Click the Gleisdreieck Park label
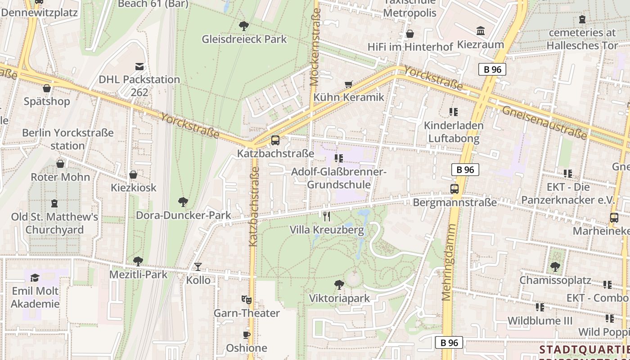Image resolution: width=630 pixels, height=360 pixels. click(x=244, y=39)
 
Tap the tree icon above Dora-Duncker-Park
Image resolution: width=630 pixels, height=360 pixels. click(x=183, y=202)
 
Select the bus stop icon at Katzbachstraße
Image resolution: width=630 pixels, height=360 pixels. click(x=275, y=140)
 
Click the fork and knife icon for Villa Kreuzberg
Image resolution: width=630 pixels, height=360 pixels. click(x=327, y=216)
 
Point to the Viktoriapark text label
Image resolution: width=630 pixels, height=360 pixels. click(x=339, y=298)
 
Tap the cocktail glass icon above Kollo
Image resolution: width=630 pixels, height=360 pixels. click(x=198, y=267)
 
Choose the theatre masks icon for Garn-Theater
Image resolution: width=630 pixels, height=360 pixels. click(x=246, y=299)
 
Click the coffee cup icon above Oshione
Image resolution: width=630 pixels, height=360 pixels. click(x=246, y=335)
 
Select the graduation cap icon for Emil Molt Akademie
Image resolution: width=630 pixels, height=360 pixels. click(x=35, y=278)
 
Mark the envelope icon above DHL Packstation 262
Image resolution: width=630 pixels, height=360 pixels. click(x=139, y=67)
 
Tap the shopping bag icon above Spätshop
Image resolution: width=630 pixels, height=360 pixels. click(x=47, y=88)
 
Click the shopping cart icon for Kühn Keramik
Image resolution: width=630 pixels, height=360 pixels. click(x=348, y=84)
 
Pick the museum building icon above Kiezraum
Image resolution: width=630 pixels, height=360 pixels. click(x=481, y=31)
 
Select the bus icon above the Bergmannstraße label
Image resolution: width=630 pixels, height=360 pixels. click(x=454, y=189)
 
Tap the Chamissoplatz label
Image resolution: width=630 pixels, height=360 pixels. click(x=555, y=280)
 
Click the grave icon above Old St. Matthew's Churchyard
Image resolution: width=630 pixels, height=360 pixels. click(x=54, y=203)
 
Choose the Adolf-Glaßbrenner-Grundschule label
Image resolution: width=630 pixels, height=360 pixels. click(x=339, y=178)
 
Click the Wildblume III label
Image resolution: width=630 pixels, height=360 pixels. click(x=540, y=321)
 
